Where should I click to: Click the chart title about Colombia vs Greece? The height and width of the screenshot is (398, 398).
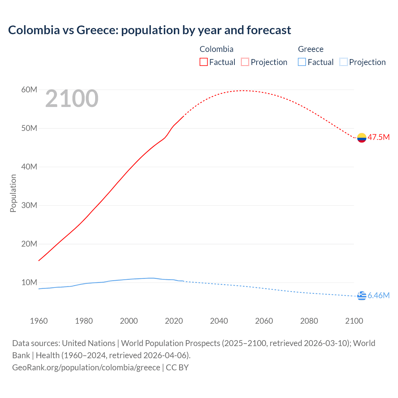tap(150, 30)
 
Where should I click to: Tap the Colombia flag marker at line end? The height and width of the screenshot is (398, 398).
tap(362, 137)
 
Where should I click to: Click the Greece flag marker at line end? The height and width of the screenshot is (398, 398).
tap(362, 296)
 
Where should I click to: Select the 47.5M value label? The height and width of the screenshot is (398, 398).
tap(378, 137)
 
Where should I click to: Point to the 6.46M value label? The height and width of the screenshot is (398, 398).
tap(378, 296)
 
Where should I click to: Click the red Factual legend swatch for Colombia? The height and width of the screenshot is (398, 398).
tap(204, 62)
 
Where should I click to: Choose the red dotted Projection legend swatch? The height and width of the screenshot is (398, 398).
tap(245, 62)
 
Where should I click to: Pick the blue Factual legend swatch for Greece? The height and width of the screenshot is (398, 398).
tap(302, 62)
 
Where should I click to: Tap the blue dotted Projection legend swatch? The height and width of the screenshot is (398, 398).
tap(344, 62)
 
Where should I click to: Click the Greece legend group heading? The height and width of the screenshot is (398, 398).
tap(311, 49)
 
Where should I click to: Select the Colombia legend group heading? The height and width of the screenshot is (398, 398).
tap(216, 49)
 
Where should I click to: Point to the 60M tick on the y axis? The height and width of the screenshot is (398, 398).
tap(29, 90)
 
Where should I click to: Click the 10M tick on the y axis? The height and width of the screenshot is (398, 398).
tap(29, 283)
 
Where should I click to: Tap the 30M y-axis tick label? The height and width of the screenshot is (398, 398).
tap(29, 206)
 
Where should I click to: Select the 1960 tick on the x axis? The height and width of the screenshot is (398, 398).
tap(39, 321)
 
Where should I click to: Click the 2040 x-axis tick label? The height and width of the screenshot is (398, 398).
tap(219, 321)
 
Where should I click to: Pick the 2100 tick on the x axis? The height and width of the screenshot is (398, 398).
tap(354, 321)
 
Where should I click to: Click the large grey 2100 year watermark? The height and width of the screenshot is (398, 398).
tap(72, 99)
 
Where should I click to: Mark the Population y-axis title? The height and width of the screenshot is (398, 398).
tap(13, 193)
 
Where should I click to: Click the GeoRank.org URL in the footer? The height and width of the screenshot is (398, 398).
tap(86, 368)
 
